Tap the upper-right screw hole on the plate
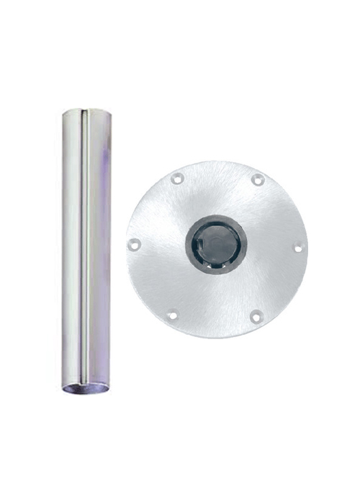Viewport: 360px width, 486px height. (258, 179)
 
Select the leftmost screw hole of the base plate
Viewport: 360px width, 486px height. (134, 245)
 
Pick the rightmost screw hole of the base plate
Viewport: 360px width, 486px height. (298, 248)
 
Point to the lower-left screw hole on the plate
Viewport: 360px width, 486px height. (173, 314)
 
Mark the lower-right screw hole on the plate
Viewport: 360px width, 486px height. (256, 315)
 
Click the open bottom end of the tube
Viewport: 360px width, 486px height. (86, 390)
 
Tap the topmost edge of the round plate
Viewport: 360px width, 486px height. (216, 161)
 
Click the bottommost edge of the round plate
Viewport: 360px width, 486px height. (216, 337)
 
